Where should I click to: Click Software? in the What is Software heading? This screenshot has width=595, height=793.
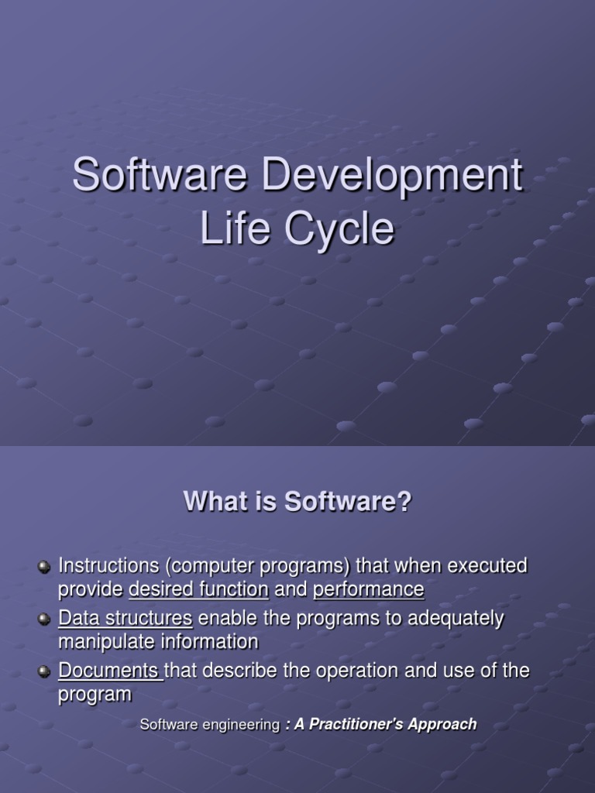(x=348, y=502)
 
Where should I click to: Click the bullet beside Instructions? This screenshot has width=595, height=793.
(x=45, y=568)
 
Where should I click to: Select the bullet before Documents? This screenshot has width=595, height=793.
(x=45, y=672)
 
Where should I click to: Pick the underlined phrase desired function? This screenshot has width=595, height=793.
(x=198, y=590)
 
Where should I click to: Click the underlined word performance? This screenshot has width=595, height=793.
(x=369, y=590)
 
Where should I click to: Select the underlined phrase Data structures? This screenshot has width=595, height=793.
(x=126, y=619)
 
